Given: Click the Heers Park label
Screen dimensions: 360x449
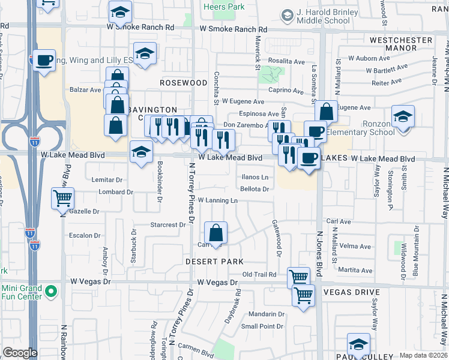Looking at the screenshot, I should click(x=224, y=7).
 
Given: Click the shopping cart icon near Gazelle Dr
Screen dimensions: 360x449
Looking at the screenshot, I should click(x=63, y=197).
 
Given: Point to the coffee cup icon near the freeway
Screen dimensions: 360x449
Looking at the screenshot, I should click(x=44, y=60).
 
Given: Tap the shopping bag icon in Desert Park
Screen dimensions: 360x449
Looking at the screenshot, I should click(x=215, y=232).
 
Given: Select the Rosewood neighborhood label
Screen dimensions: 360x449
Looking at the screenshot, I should click(x=184, y=82).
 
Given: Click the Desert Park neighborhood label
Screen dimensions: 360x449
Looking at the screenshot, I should click(x=214, y=262).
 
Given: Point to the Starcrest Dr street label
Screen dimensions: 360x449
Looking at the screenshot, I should click(x=168, y=225).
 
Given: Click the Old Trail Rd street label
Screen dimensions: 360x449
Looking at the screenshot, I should click(x=259, y=274).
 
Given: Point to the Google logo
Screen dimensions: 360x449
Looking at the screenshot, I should click(x=20, y=353).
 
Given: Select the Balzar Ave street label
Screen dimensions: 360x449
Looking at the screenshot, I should click(x=85, y=90).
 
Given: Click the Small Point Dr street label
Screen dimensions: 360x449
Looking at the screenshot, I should click(x=262, y=326).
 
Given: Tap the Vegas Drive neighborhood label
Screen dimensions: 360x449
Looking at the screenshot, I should click(x=351, y=292).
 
